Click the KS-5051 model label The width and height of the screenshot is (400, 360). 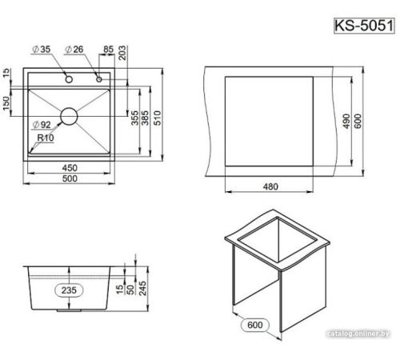(x=364, y=26)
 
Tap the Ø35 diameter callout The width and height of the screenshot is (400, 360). (x=41, y=50)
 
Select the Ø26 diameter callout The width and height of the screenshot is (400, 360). (x=74, y=50)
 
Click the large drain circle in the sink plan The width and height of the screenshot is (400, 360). (x=69, y=116)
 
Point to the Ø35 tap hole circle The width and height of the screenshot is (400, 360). (x=69, y=79)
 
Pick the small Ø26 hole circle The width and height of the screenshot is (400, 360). (x=99, y=79)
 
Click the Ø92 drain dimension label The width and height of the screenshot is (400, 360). (x=42, y=125)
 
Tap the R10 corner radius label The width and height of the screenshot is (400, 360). (x=46, y=138)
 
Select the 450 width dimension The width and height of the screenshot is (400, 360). (x=70, y=168)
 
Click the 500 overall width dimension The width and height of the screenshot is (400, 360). (x=70, y=178)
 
